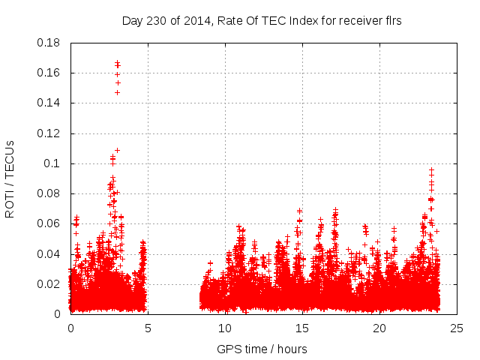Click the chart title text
coord(262,21)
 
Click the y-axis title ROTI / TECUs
coord(10,178)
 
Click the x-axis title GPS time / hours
coord(262,349)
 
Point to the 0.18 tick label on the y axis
coord(50,43)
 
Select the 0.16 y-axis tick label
coord(50,73)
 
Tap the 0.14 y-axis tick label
coord(50,103)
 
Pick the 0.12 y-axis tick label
coord(50,133)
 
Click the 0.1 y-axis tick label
coord(54,163)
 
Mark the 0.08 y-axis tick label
coord(50,193)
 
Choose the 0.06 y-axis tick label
coord(50,223)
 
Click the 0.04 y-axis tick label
coord(50,253)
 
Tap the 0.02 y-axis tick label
coord(50,284)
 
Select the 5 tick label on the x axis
coord(148,328)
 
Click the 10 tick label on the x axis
coord(225,328)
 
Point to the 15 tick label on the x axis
coord(302,328)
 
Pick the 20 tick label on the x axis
coord(379,328)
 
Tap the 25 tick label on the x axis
coord(457,328)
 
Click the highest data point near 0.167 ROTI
coord(117,62)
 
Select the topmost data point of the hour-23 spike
coord(431,170)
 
